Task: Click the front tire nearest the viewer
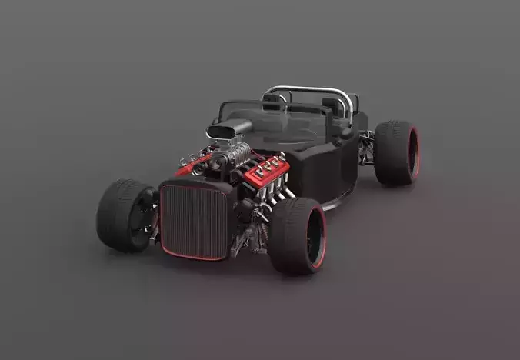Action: click(x=296, y=235)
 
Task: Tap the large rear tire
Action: click(x=395, y=152)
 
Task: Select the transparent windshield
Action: click(x=285, y=123)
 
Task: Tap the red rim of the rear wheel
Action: click(x=415, y=152)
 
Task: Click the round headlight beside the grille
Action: click(x=245, y=206)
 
